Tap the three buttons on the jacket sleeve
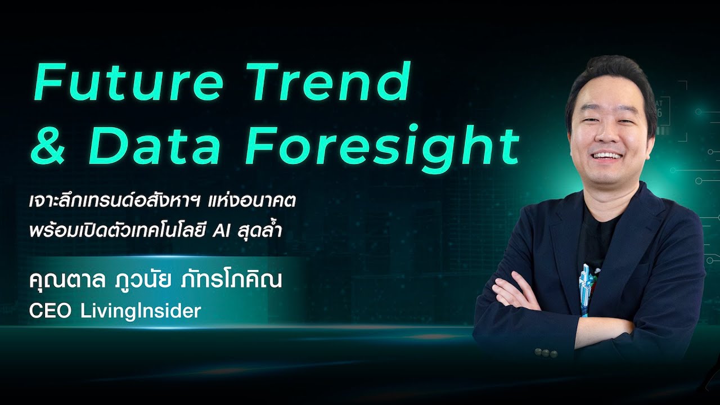click(545, 353)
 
